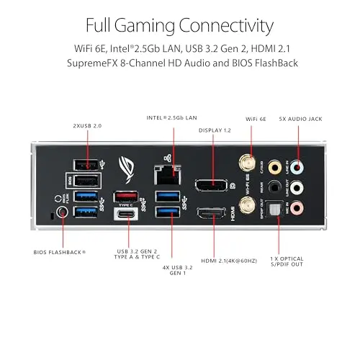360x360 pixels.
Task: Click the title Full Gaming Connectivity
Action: click(179, 26)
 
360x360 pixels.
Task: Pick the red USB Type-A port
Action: click(129, 196)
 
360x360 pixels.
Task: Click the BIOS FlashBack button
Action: click(62, 212)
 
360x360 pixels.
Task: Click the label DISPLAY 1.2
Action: click(215, 130)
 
